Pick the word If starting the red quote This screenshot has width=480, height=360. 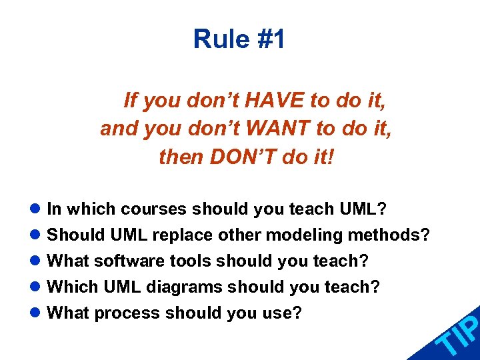coord(131,101)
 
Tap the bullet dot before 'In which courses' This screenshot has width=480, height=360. coord(39,210)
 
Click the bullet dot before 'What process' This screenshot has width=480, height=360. coord(39,313)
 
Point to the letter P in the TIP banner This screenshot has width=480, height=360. coord(469,325)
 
